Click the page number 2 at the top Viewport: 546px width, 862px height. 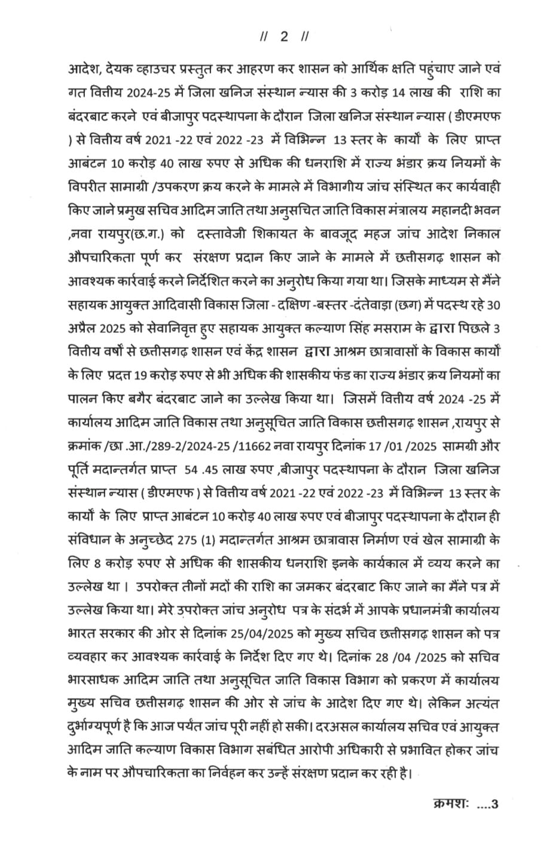284,37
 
